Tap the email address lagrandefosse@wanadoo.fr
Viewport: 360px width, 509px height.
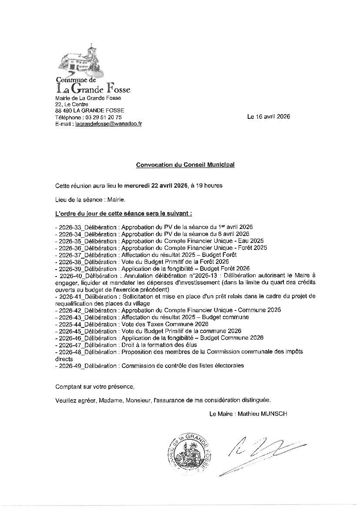pyautogui.click(x=108, y=124)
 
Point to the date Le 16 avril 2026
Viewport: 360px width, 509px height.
pyautogui.click(x=268, y=117)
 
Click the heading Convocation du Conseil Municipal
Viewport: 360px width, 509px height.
pyautogui.click(x=185, y=165)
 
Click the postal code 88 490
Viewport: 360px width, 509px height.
pyautogui.click(x=64, y=111)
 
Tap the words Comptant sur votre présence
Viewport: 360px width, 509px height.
pyautogui.click(x=95, y=387)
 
